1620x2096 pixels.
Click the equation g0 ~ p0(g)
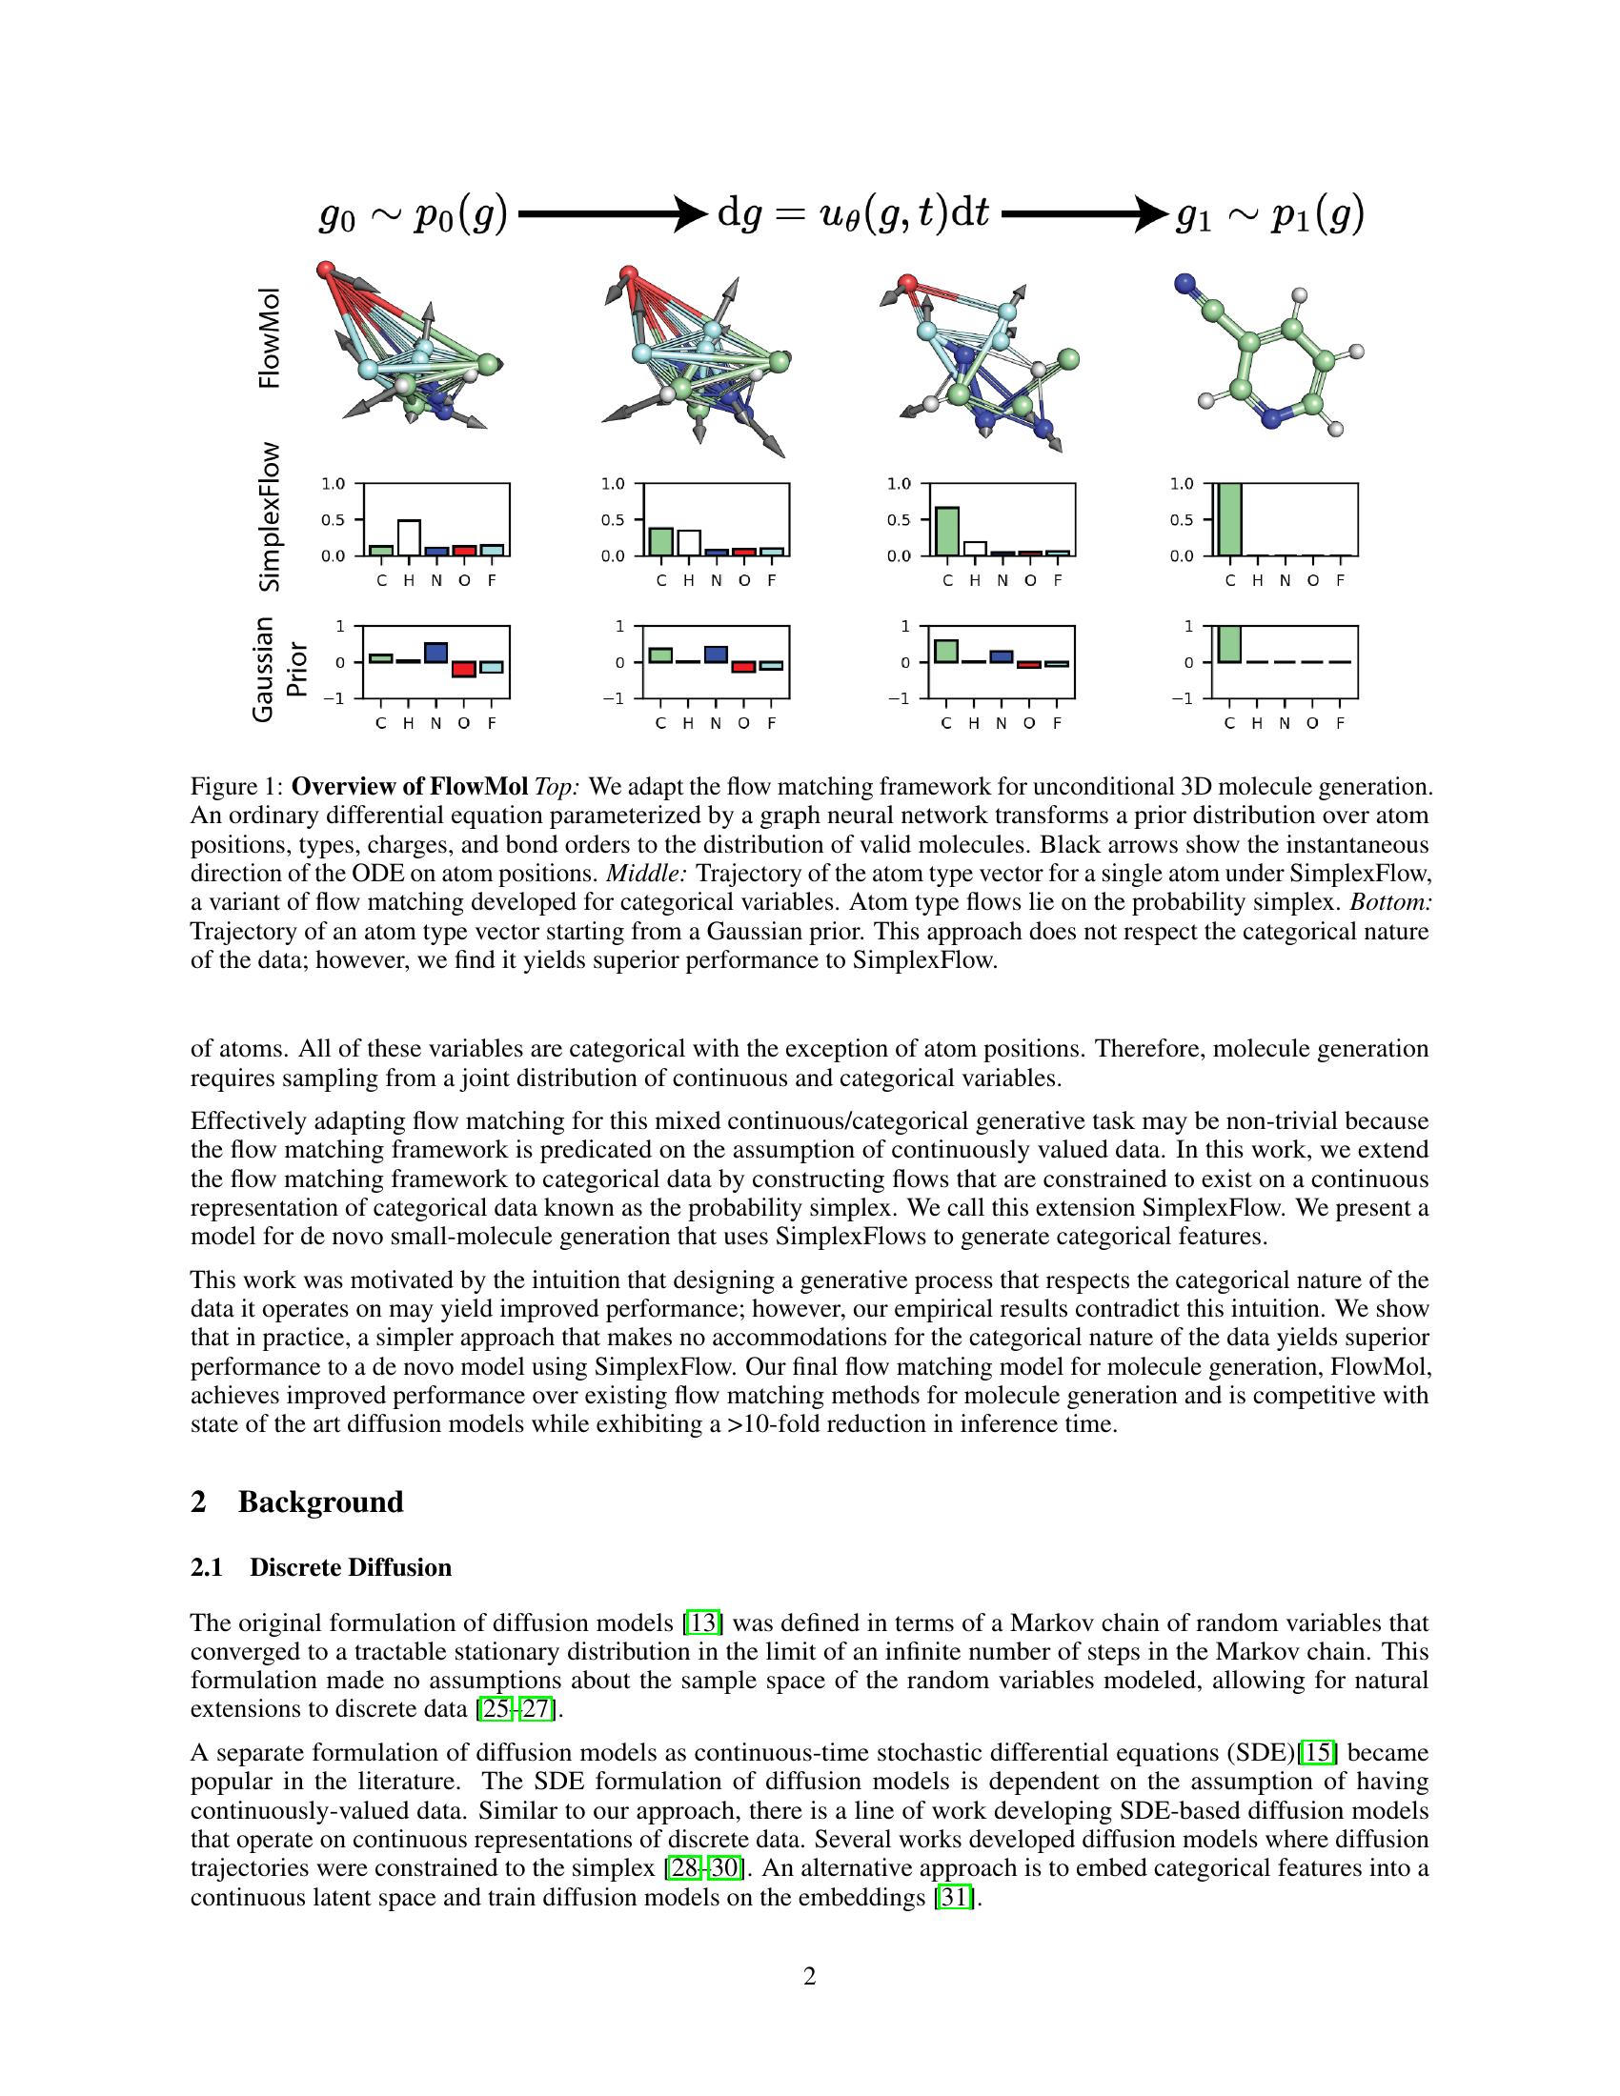(413, 215)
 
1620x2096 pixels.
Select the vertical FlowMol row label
(271, 338)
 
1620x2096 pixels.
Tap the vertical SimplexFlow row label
(271, 516)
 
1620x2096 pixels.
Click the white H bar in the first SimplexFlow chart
(409, 537)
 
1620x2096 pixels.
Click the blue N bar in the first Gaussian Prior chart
(435, 653)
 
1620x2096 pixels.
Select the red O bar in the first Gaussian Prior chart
(463, 669)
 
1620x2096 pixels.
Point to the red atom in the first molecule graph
(325, 268)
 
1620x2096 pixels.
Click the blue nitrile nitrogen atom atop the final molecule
(1186, 283)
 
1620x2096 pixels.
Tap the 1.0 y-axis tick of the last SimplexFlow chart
(1182, 484)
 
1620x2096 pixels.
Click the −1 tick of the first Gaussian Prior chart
(334, 698)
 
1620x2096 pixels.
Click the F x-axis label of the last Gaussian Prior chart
(1340, 723)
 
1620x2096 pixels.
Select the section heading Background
(320, 1501)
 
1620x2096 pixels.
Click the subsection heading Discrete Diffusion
(351, 1567)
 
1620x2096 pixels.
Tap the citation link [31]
(954, 1897)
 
